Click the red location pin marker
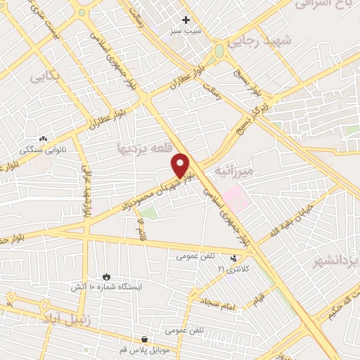click(181, 166)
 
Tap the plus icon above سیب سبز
click(186, 20)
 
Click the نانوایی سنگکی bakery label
click(44, 150)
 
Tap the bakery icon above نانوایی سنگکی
click(44, 139)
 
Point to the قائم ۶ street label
click(141, 226)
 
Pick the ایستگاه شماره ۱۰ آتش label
click(106, 287)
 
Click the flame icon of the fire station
click(107, 276)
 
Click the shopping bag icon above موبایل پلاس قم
click(145, 338)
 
